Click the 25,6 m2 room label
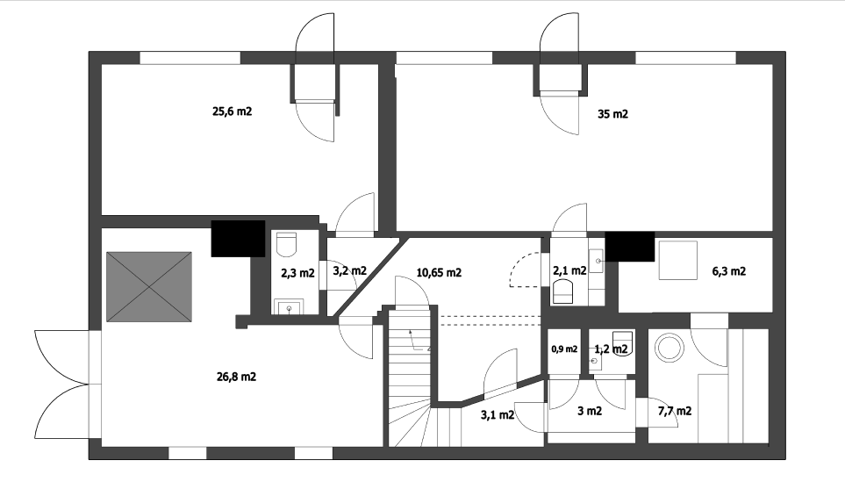point(233,111)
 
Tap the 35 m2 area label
point(612,114)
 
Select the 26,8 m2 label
point(236,377)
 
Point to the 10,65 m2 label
point(439,272)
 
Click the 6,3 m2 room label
point(729,271)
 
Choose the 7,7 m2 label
point(675,412)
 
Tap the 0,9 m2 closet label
point(564,349)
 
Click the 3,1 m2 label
point(498,414)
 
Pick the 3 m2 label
point(590,411)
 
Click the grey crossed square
point(149,287)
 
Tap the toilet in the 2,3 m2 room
point(287,245)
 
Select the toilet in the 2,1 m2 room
point(563,291)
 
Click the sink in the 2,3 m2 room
point(290,307)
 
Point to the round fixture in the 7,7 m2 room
point(670,347)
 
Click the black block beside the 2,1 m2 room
point(629,247)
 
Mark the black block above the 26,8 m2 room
point(238,238)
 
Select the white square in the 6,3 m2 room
point(678,261)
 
